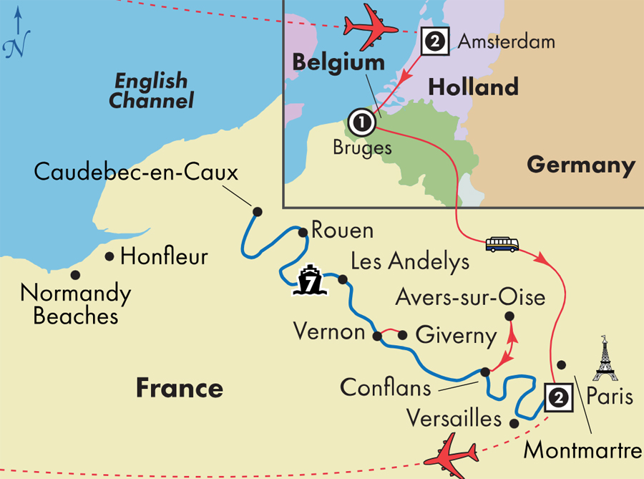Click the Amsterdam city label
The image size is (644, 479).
[506, 41]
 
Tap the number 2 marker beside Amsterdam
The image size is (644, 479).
[434, 42]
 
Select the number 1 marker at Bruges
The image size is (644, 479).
[363, 122]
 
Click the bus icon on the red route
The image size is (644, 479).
[502, 244]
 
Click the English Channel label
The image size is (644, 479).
[151, 90]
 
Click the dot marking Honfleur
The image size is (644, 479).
[109, 256]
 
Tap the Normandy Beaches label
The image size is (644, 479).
[75, 304]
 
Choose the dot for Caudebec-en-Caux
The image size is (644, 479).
[257, 211]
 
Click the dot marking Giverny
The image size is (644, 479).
[402, 334]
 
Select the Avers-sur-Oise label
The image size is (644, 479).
[470, 296]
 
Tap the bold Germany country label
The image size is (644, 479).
[581, 165]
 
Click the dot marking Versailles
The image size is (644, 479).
[514, 424]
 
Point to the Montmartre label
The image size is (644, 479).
[582, 451]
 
